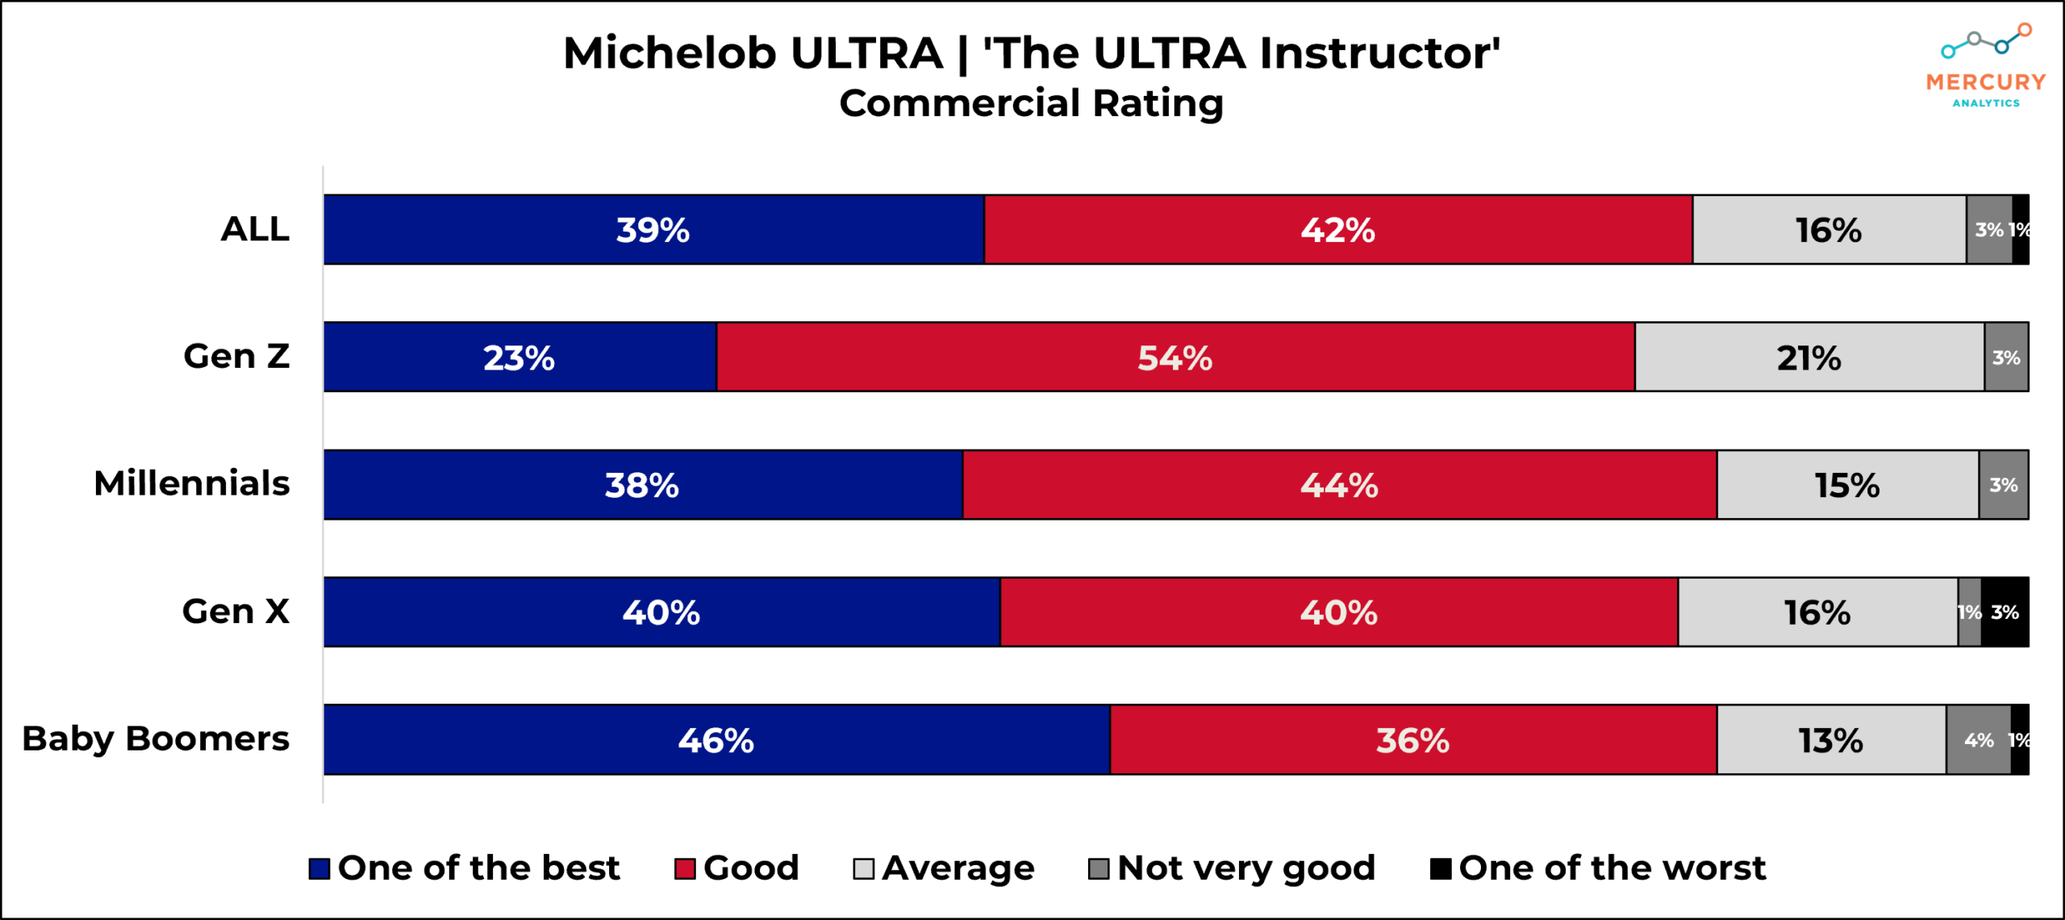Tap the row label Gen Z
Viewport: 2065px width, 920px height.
click(236, 356)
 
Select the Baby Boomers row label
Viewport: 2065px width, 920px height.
click(156, 738)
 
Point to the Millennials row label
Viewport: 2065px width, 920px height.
click(192, 483)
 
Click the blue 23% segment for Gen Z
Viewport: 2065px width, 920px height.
click(519, 358)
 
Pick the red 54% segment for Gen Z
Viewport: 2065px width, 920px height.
click(1175, 358)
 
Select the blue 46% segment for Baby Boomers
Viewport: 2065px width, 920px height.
click(716, 740)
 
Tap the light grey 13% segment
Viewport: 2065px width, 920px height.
click(1831, 740)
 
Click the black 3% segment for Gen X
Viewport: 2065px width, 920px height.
click(2005, 613)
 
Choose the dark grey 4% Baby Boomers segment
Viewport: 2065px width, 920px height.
click(1978, 740)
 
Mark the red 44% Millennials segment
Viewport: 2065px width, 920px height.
click(1339, 485)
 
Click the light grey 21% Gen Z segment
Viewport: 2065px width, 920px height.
click(1809, 358)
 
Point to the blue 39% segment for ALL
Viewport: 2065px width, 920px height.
click(653, 230)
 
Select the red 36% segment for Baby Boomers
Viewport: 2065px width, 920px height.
click(1412, 740)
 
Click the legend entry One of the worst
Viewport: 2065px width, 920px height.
click(1598, 868)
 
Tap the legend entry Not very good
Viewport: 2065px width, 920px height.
click(1232, 868)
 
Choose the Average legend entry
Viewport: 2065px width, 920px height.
click(944, 868)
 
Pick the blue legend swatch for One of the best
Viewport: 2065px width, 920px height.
click(319, 869)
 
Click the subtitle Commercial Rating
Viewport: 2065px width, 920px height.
click(1031, 103)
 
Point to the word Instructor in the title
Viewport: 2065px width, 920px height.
click(1379, 53)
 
